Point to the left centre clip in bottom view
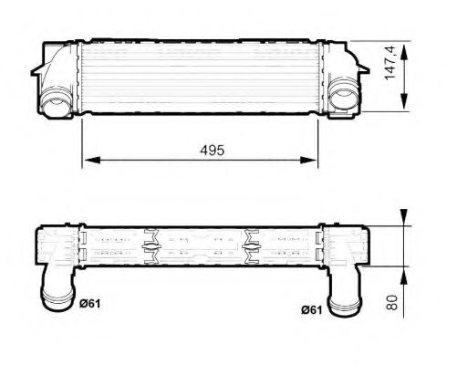pyautogui.click(x=151, y=245)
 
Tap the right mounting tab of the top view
pyautogui.click(x=359, y=69)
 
